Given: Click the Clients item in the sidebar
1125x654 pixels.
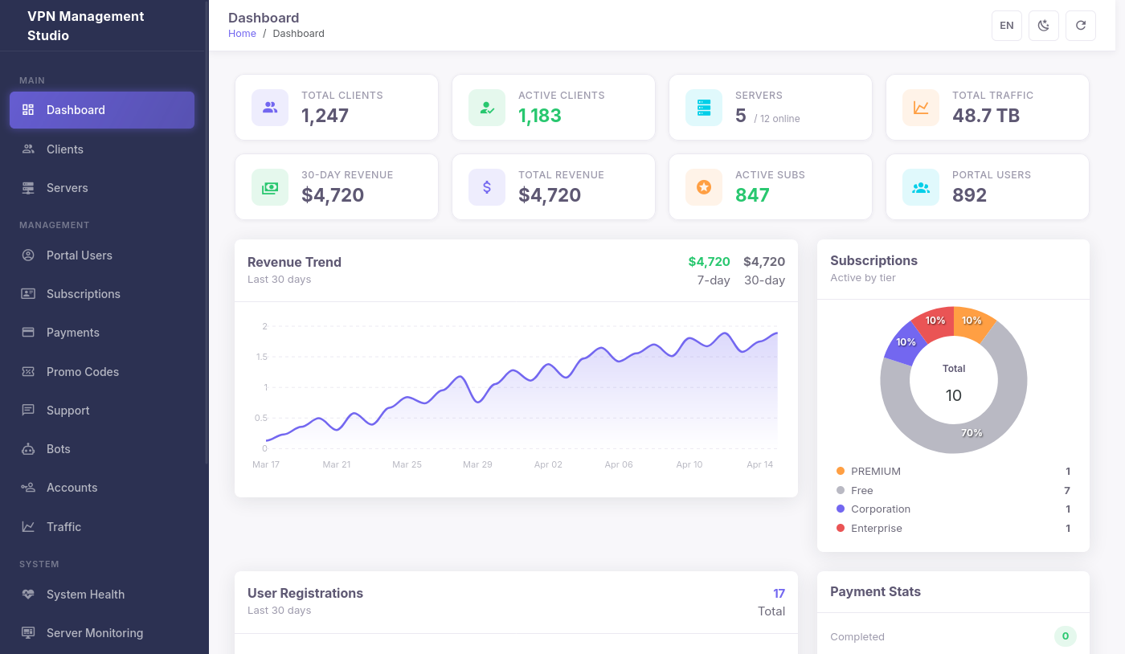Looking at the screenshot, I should pyautogui.click(x=64, y=149).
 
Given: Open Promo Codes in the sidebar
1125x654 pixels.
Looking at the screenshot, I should pyautogui.click(x=82, y=372).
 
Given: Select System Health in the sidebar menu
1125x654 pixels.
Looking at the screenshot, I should pyautogui.click(x=85, y=595).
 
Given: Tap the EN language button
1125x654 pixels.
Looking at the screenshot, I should pyautogui.click(x=1006, y=26).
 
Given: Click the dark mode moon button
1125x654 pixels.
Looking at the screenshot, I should pyautogui.click(x=1043, y=26).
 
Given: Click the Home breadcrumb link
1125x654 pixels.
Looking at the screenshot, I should pyautogui.click(x=242, y=34).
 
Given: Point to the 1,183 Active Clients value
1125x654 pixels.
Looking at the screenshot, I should pyautogui.click(x=540, y=116).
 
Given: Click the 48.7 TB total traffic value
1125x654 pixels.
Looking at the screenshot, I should pyautogui.click(x=985, y=116).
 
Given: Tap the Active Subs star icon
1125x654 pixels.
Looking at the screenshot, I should pyautogui.click(x=703, y=187).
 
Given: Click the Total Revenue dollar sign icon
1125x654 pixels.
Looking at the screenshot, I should pyautogui.click(x=486, y=187).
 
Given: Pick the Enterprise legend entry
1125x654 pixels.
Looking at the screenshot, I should pyautogui.click(x=876, y=529).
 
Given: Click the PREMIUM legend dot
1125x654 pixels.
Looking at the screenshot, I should pyautogui.click(x=841, y=472).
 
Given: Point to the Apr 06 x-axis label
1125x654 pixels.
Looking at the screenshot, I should pyautogui.click(x=618, y=464).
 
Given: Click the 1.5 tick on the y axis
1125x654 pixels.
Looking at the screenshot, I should pyautogui.click(x=261, y=357).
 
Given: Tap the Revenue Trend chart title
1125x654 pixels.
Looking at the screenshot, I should pyautogui.click(x=294, y=262).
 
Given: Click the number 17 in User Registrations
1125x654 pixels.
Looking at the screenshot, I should pyautogui.click(x=779, y=594).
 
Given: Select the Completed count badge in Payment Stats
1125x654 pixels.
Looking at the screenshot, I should pyautogui.click(x=1065, y=636).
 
